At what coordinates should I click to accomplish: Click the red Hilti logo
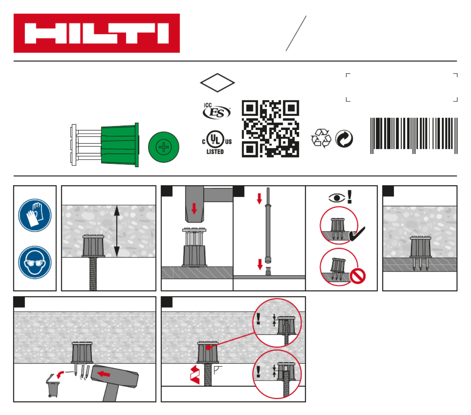(x=96, y=33)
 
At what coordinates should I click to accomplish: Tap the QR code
(x=270, y=129)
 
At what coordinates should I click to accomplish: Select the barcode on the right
(x=413, y=136)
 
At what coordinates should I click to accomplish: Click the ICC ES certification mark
(x=216, y=111)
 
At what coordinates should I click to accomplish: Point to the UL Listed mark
(x=217, y=142)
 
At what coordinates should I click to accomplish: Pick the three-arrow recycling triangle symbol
(x=321, y=138)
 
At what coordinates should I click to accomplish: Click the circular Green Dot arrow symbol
(x=344, y=138)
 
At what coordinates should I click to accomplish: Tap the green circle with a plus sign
(x=163, y=147)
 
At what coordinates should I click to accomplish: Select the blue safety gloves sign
(x=35, y=215)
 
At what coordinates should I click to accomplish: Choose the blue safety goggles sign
(x=35, y=262)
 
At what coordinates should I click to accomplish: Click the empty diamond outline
(x=217, y=83)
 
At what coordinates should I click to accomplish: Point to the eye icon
(x=337, y=198)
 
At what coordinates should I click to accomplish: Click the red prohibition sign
(x=357, y=276)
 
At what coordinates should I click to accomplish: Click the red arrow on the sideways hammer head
(x=104, y=374)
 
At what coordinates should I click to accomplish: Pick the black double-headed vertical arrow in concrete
(x=117, y=231)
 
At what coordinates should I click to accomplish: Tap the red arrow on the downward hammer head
(x=194, y=208)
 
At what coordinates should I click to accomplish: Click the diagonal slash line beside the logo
(x=296, y=33)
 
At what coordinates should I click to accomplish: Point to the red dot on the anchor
(x=208, y=348)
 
